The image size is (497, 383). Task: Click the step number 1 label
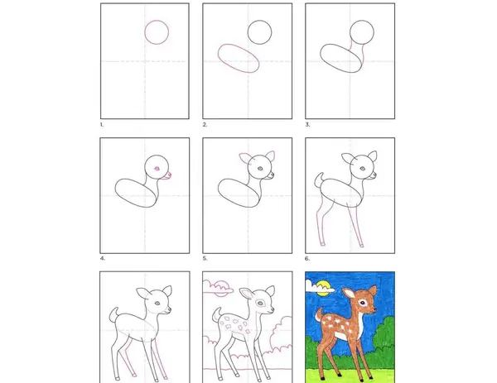102,125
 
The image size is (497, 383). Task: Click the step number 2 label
205,125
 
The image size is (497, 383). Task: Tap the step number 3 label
307,125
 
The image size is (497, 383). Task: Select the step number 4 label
103,259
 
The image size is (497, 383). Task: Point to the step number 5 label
205,259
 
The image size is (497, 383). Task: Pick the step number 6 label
307,259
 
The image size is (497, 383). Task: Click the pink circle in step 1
145,32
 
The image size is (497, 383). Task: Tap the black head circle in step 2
248,32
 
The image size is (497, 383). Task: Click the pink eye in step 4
157,169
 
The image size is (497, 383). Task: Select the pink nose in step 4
170,175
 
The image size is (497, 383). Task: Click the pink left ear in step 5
244,157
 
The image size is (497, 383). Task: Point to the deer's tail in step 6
318,180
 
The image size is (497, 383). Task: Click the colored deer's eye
362,303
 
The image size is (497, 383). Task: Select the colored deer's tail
318,314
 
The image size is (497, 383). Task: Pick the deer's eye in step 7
157,304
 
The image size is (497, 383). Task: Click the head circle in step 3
350,32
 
